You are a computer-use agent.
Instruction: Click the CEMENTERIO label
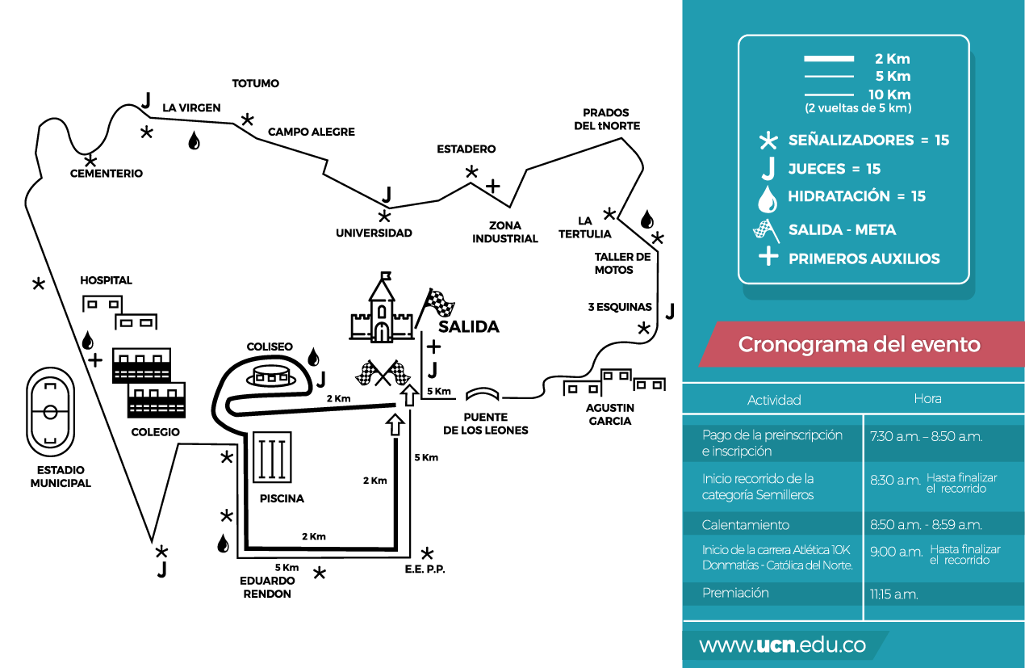tap(106, 174)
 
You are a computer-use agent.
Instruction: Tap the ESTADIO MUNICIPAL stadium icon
tap(50, 411)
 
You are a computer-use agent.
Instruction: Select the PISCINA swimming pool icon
tap(272, 457)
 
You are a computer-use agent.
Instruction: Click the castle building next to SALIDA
tap(380, 311)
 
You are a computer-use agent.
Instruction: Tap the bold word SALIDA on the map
tap(468, 326)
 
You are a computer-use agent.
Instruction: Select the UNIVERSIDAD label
tap(374, 233)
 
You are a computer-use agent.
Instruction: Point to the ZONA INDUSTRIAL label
tap(505, 232)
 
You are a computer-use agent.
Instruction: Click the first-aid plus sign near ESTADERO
tap(492, 187)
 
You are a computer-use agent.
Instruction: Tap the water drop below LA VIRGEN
tap(194, 141)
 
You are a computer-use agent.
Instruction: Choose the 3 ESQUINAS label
tap(620, 307)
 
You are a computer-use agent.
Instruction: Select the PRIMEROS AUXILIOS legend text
tap(864, 258)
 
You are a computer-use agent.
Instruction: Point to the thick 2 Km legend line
tap(828, 59)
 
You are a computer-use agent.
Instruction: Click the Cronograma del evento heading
tap(859, 344)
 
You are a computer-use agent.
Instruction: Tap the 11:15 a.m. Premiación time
tap(893, 594)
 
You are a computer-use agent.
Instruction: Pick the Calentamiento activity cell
tap(746, 525)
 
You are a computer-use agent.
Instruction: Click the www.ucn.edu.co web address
tap(782, 645)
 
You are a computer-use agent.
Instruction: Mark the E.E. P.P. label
tap(425, 569)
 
